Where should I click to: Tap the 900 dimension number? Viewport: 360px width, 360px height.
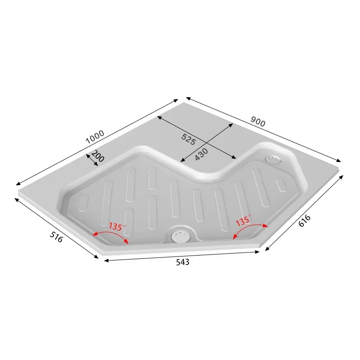(x=258, y=121)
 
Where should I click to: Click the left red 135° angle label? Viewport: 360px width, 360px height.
(x=115, y=226)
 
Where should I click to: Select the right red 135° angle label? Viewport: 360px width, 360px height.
(x=243, y=221)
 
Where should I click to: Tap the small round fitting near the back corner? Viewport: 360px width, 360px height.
(x=272, y=159)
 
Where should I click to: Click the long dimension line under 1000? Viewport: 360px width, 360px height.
(x=97, y=142)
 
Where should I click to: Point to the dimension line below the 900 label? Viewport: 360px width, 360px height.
(x=263, y=129)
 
